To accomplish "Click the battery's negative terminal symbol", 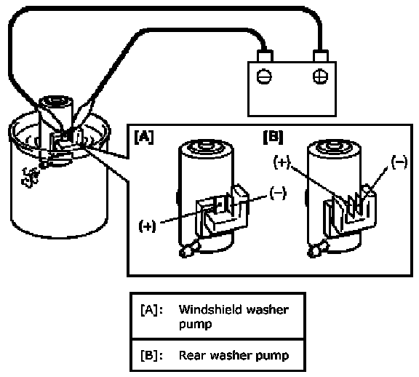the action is tap(264, 76).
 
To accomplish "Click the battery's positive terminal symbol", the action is tap(320, 76).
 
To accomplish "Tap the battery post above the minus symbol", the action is tap(265, 56).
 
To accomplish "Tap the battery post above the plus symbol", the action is tap(321, 56).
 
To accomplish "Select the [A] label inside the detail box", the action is tap(144, 137).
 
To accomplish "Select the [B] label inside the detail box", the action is tap(273, 137).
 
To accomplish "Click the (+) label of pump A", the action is tap(147, 226).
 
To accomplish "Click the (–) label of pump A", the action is tap(278, 193).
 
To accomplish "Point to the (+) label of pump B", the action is tap(282, 162).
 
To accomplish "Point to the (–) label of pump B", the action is tap(399, 162).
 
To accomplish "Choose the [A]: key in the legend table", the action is tap(151, 310).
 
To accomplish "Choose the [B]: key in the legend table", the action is tap(151, 356).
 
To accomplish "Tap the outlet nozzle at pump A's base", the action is tap(189, 249).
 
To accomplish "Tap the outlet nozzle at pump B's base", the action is tap(317, 249).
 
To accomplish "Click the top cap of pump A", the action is tap(206, 146).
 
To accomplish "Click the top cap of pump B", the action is tap(335, 146).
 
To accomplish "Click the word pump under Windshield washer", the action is tap(196, 325).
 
